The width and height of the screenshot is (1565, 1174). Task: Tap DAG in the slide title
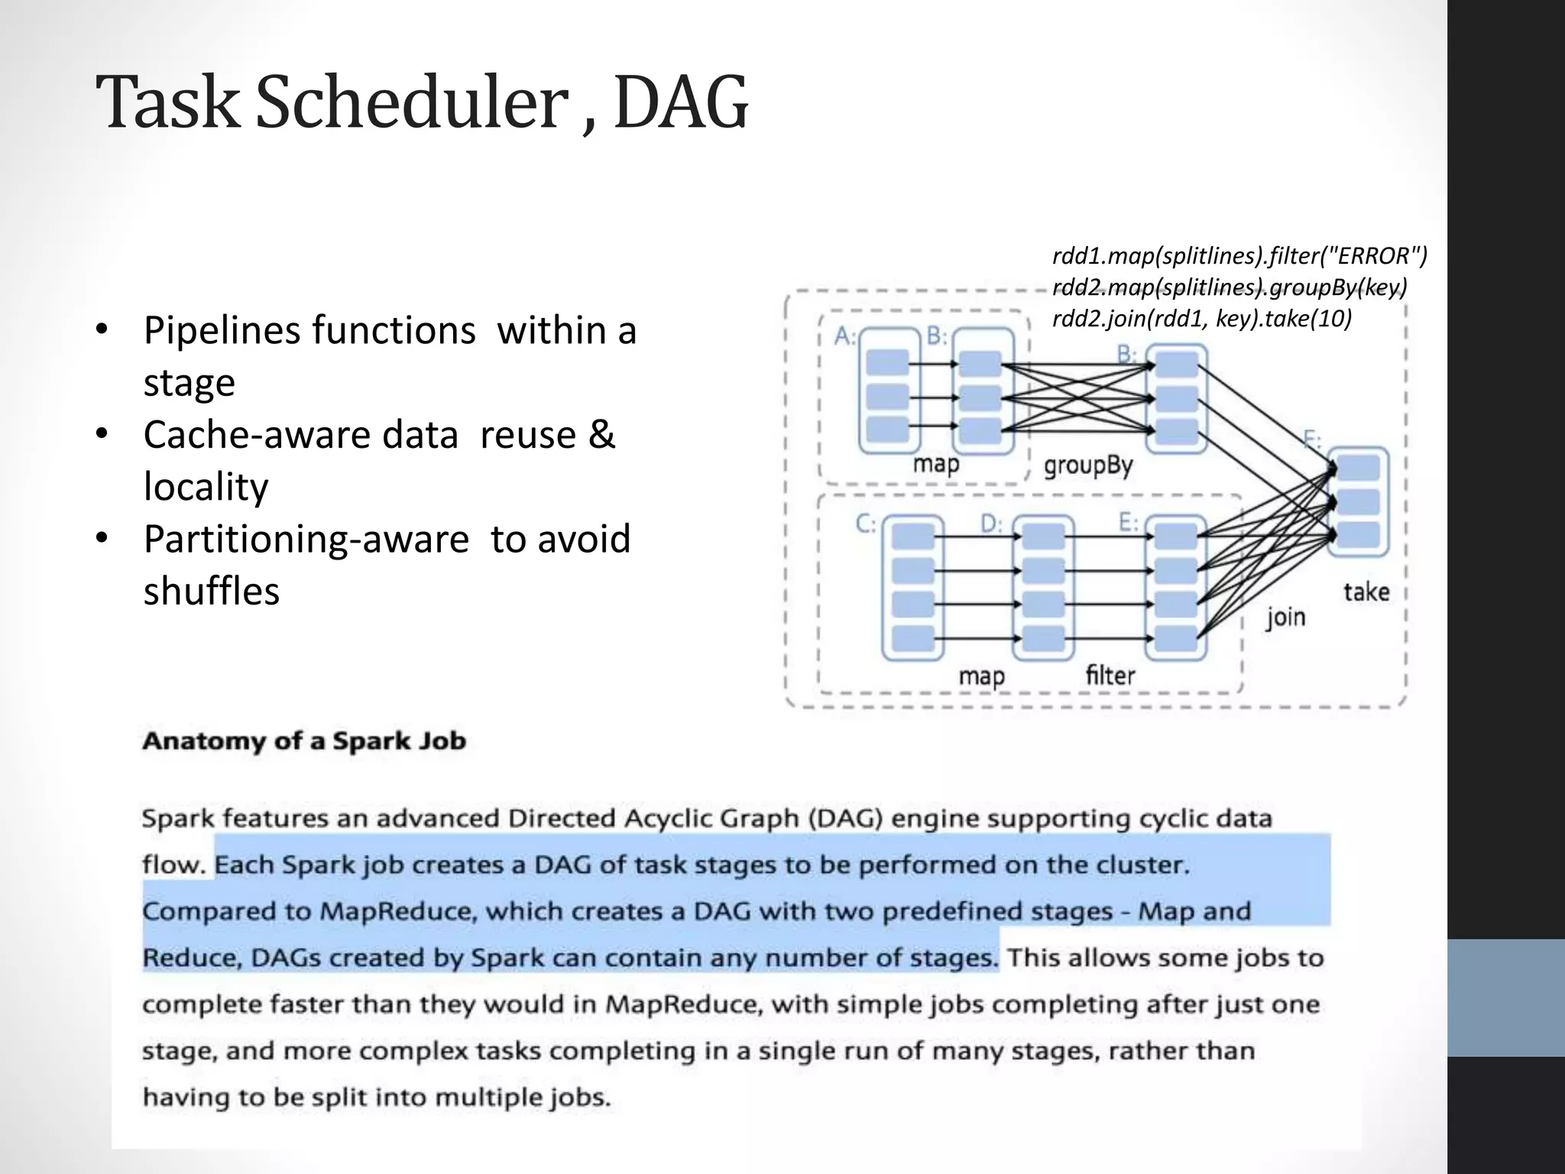(x=680, y=103)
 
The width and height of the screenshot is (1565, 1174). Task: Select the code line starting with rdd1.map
(x=1239, y=255)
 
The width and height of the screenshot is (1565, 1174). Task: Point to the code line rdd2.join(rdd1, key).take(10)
(x=1202, y=318)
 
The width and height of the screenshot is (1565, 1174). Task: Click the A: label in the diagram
(x=844, y=336)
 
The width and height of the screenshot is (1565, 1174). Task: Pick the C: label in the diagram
(x=866, y=524)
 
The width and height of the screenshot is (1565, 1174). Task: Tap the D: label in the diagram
(x=991, y=524)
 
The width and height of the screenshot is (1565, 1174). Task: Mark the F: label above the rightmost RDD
(x=1312, y=439)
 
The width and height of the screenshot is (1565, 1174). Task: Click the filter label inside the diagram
(x=1110, y=675)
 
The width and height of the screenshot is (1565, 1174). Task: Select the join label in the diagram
(x=1285, y=617)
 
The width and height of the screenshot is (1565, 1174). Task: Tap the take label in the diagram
(x=1366, y=592)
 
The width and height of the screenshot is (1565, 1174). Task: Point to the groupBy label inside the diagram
(x=1088, y=465)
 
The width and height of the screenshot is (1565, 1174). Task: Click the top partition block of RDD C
(x=912, y=537)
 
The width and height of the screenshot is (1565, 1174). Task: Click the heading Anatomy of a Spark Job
(x=304, y=741)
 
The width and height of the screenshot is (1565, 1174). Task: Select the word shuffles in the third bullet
(x=212, y=591)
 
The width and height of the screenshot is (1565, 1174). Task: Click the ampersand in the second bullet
(x=601, y=434)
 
